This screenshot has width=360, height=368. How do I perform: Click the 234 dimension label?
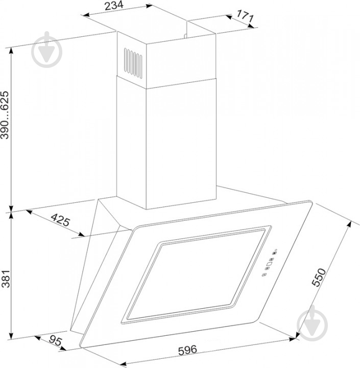pos(114,6)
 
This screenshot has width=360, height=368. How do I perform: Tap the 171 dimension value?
pos(245,16)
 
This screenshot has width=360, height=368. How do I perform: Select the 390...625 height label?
pos(5,115)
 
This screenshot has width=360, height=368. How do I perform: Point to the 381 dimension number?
pos(6,279)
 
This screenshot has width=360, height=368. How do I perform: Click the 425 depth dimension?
pos(60,220)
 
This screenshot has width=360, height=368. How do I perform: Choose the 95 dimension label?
pos(55,340)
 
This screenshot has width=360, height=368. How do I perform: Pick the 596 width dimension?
pos(187,350)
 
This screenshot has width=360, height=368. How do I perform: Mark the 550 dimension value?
pos(319,277)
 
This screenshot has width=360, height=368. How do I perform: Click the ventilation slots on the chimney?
pos(133,63)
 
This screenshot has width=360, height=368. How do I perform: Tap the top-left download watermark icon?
pos(47,50)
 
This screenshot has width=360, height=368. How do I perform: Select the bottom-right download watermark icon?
pos(312,324)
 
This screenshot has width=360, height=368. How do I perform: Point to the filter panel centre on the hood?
pos(196,275)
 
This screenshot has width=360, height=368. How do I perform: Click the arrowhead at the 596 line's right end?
pos(293,339)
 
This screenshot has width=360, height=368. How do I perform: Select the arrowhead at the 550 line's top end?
pos(349,224)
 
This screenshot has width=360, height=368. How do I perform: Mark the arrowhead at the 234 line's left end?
pos(86,14)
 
